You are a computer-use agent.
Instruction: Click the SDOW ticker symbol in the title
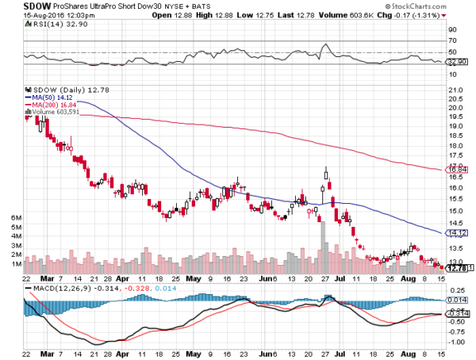[15, 6]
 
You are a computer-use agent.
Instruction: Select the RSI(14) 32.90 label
[46, 25]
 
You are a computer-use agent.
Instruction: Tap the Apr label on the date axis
[122, 279]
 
